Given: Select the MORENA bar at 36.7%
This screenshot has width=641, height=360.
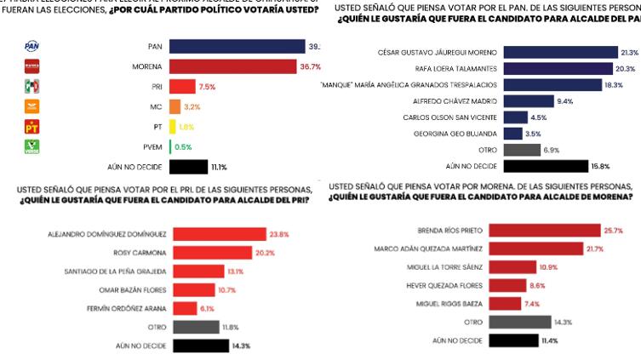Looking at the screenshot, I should click(234, 66).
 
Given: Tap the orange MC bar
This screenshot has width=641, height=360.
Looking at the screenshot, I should click(175, 106).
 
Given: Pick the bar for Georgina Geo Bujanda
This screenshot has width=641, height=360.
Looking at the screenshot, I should click(512, 134).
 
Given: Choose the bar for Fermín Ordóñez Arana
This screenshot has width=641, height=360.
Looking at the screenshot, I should click(183, 308).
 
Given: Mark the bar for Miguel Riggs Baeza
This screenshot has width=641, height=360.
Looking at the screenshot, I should click(507, 304).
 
